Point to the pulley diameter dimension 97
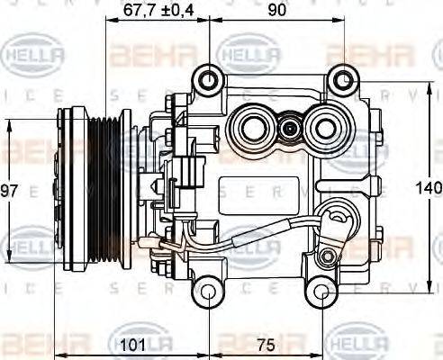click(10, 191)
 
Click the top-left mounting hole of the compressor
click(209, 80)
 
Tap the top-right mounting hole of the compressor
click(341, 80)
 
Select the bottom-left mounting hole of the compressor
click(209, 293)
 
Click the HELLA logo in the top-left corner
click(35, 55)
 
